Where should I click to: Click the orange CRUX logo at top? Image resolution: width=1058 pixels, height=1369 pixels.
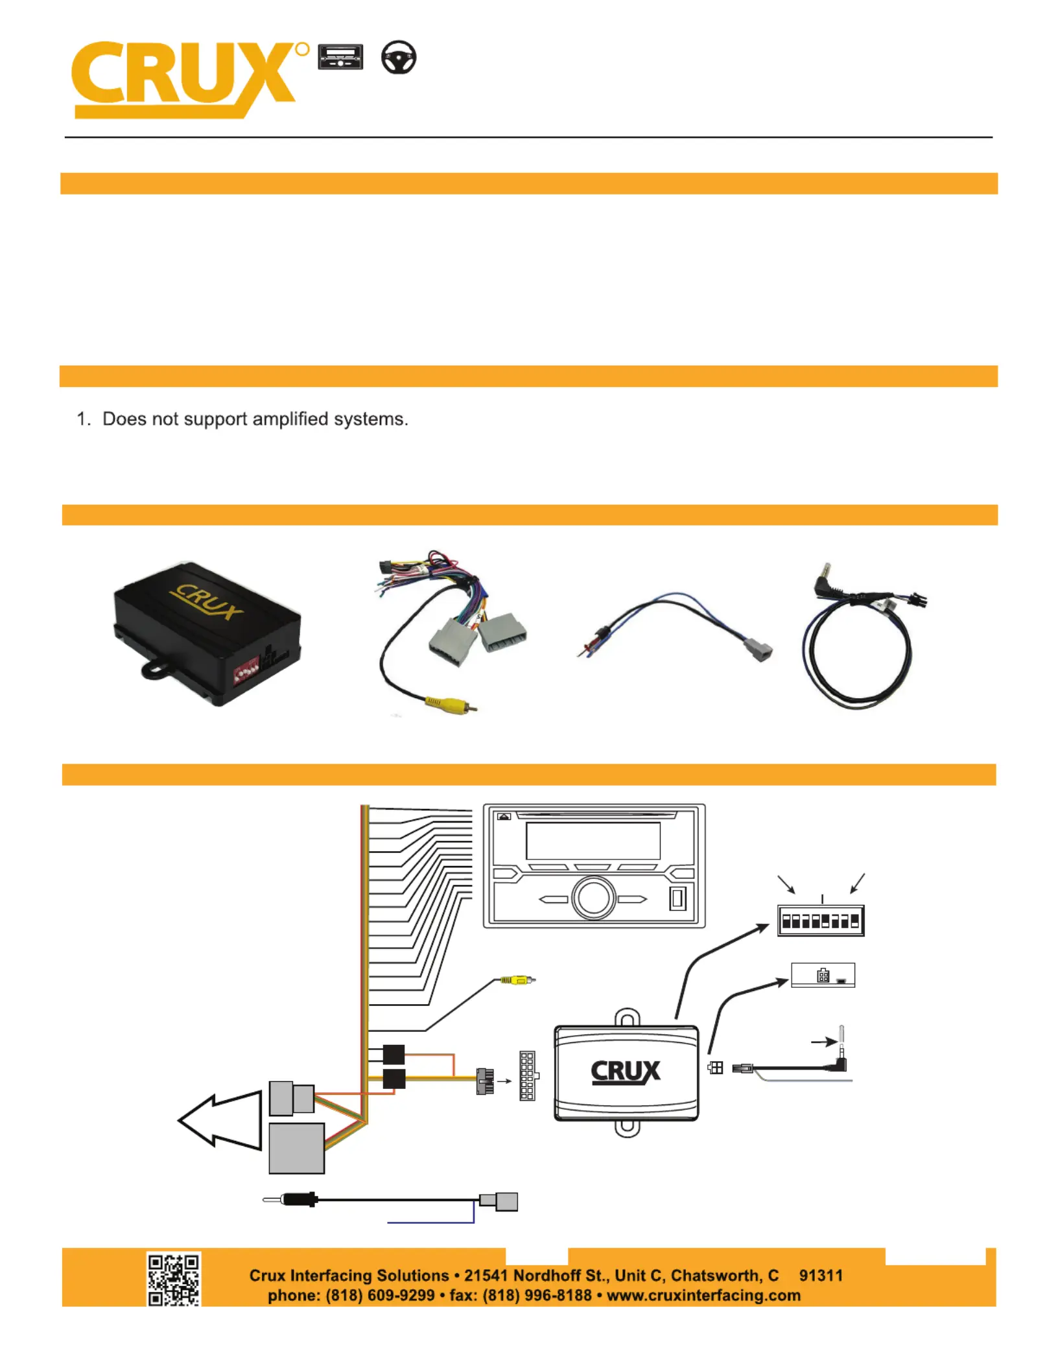pos(185,78)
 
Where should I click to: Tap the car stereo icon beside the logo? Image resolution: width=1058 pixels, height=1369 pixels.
pos(340,57)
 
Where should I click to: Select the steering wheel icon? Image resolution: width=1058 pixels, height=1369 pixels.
pos(398,57)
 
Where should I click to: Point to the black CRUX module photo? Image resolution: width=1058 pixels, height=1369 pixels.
pos(206,632)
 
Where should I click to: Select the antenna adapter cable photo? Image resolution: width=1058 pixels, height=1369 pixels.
pos(674,626)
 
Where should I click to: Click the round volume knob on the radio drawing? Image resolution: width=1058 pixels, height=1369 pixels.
pos(593,898)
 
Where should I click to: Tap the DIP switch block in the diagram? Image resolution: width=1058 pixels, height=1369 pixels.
pos(821,920)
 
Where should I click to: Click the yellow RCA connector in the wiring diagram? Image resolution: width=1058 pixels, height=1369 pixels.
pos(515,979)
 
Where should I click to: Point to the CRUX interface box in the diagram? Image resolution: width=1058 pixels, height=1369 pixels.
pos(626,1072)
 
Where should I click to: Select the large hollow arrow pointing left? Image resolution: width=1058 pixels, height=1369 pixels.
pos(220,1120)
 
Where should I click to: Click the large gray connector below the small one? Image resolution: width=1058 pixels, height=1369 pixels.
pos(296,1148)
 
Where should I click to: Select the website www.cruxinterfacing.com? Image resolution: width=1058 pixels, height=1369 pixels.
pos(703,1295)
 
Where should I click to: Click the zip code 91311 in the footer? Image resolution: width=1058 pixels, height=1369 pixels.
pos(821,1275)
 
